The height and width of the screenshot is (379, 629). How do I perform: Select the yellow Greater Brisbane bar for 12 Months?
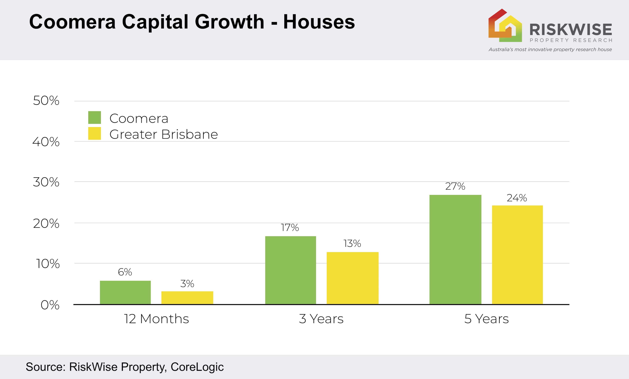pos(187,298)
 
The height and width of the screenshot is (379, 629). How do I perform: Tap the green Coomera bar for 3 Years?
pos(291,270)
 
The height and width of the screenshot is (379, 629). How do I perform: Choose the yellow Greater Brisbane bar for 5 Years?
pos(517,255)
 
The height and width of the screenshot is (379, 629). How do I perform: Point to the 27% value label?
pos(455,186)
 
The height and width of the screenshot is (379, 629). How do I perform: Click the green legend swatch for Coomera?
pos(95,117)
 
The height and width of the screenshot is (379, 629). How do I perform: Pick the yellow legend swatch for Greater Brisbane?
pos(95,133)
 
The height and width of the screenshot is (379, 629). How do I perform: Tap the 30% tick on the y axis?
pos(46,182)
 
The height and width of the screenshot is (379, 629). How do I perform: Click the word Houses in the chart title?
pos(319,22)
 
